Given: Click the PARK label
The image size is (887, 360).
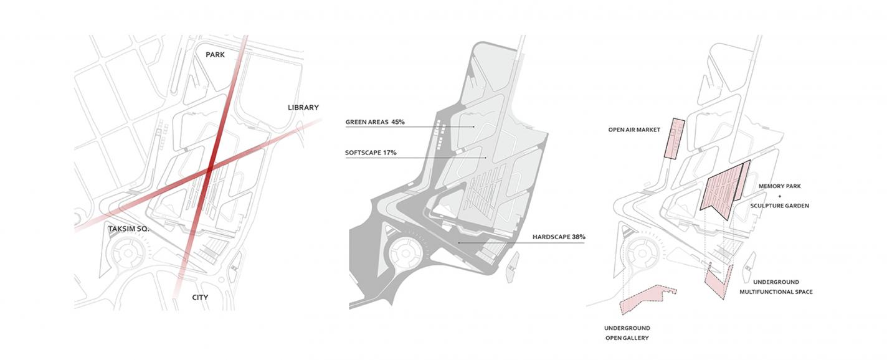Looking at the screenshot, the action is point(215,55).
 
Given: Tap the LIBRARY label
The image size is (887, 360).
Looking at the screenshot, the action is point(303,107).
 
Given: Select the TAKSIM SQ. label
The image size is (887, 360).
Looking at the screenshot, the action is point(128,229).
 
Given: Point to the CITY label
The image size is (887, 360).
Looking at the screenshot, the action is point(200,298).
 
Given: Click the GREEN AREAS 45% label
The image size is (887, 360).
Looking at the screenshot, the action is point(375,122).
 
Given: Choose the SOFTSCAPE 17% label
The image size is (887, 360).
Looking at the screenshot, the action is point(371,153).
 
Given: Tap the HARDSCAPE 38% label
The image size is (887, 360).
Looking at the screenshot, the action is point(559,237).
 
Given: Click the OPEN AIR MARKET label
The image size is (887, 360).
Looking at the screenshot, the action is point(634,130).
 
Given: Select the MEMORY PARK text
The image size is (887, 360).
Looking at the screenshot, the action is point(780,186).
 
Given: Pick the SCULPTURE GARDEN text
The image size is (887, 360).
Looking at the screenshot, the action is point(779,206).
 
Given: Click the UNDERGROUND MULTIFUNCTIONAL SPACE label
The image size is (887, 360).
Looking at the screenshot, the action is point(776,287).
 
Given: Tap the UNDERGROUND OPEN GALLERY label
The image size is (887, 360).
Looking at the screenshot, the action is point(627,333).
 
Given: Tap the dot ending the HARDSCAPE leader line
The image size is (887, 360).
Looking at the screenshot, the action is point(458,242).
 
